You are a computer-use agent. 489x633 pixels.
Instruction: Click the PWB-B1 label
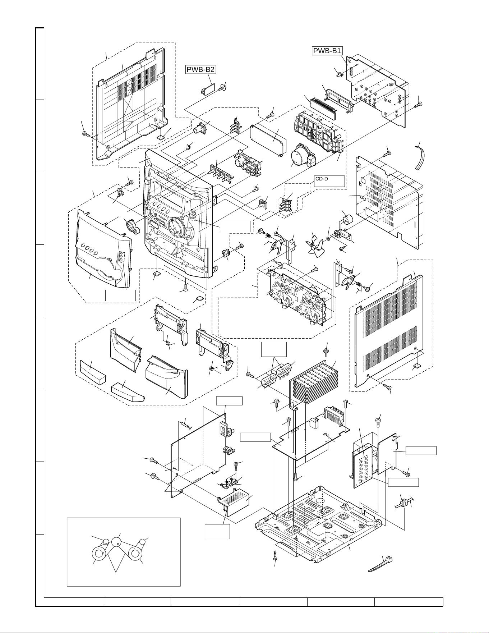pyautogui.click(x=327, y=51)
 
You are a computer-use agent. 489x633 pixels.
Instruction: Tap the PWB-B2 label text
pyautogui.click(x=201, y=69)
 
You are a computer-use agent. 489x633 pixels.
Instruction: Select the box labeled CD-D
pyautogui.click(x=329, y=181)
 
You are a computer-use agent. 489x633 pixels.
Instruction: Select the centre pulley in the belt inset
pyautogui.click(x=116, y=542)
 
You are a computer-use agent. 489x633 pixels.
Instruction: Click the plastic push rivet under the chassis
pyautogui.click(x=275, y=555)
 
